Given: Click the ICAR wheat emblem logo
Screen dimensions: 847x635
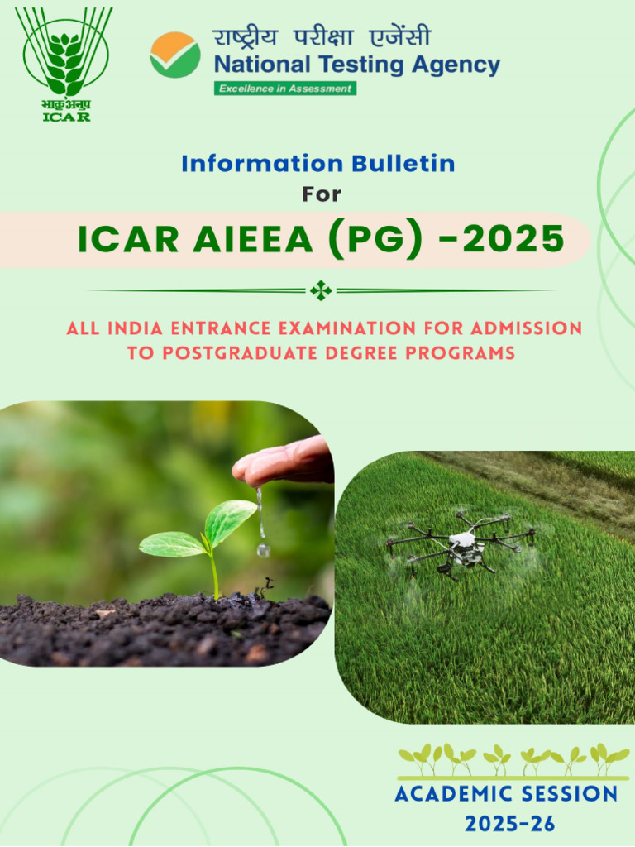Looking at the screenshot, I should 66,54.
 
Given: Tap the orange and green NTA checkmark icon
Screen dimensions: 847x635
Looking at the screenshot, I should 174,54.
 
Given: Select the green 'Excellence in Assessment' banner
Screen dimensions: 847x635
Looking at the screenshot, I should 285,89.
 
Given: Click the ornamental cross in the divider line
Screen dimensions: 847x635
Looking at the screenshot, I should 321,290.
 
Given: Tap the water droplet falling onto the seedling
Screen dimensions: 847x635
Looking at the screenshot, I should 263,548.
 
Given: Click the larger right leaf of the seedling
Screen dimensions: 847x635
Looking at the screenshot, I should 231,519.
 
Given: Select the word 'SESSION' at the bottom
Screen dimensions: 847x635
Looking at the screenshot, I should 565,794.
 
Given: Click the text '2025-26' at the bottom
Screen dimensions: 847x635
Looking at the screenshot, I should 509,824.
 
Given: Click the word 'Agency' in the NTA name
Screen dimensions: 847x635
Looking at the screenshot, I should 452,65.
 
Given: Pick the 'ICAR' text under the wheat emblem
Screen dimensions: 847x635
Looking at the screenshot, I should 66,117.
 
